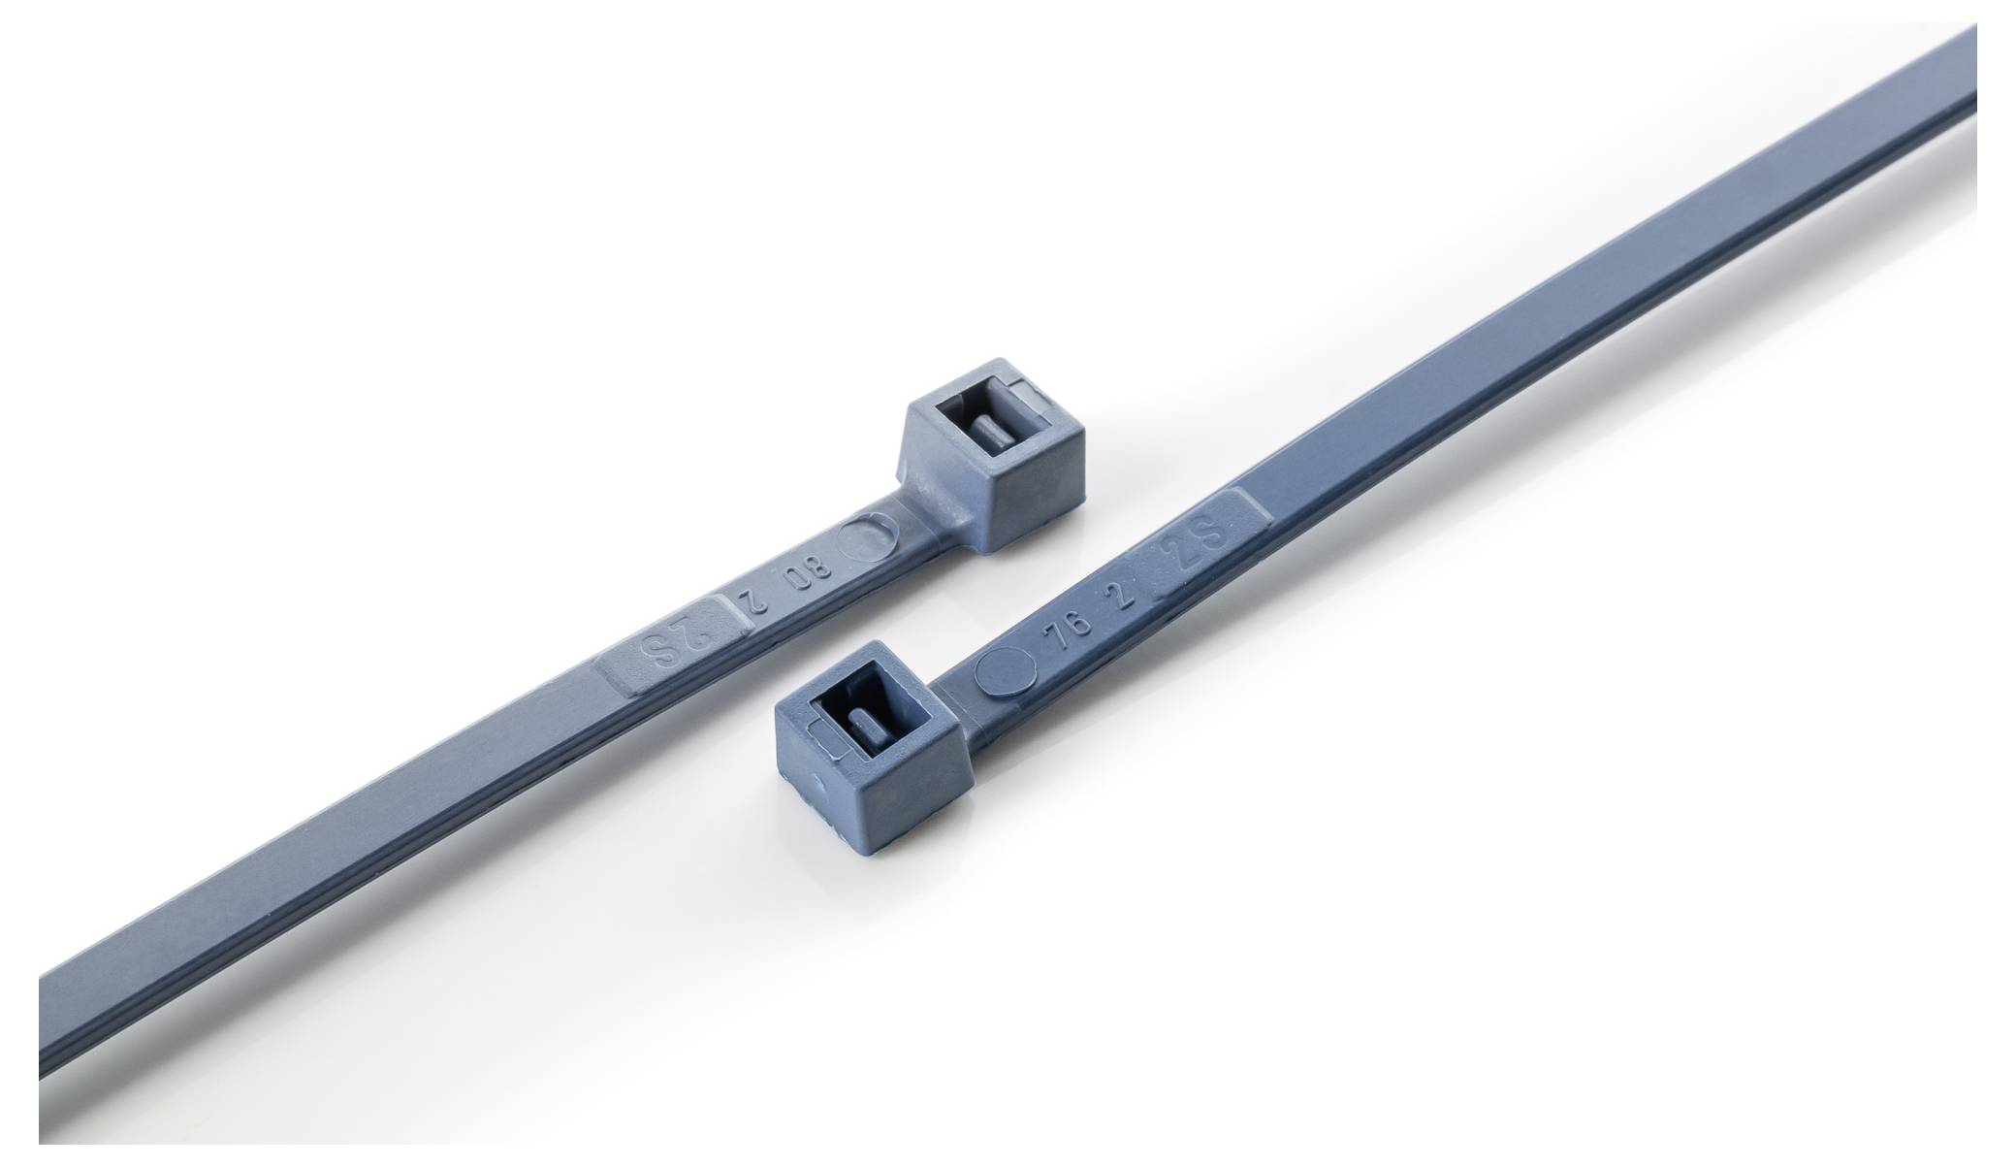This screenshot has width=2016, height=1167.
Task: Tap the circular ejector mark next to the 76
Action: (x=998, y=671)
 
